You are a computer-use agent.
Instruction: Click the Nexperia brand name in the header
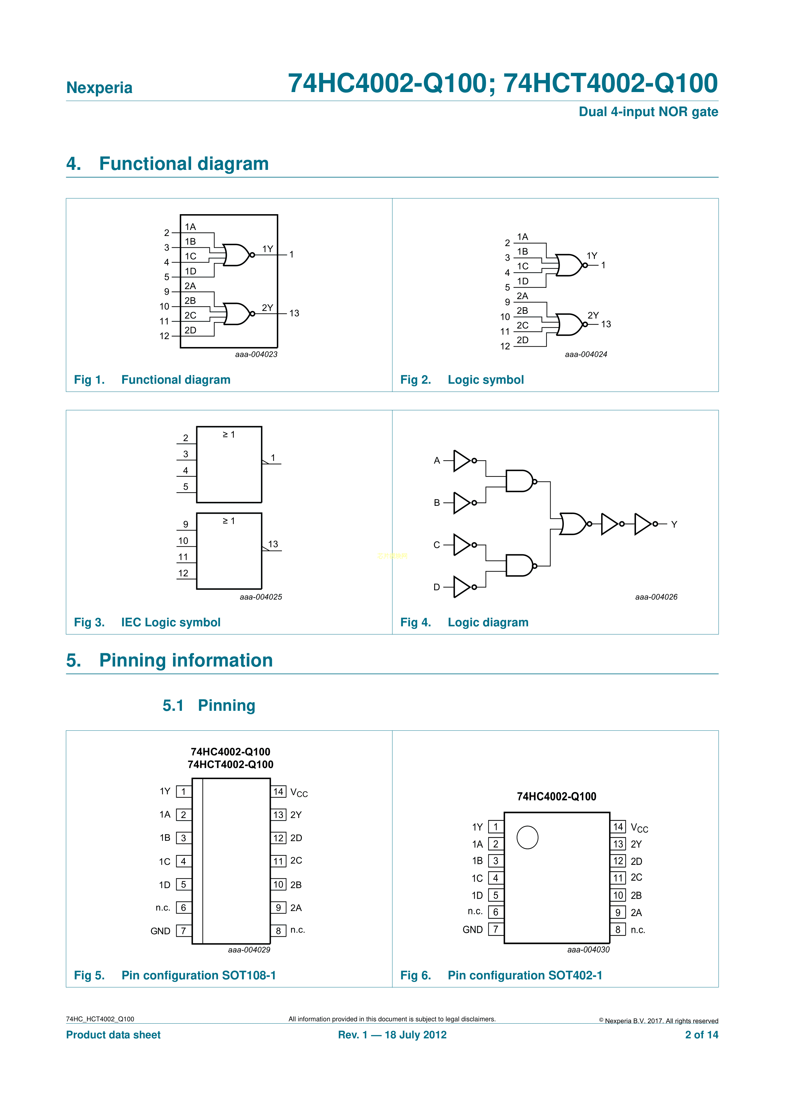[x=99, y=88]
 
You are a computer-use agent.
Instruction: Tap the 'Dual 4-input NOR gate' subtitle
[x=648, y=112]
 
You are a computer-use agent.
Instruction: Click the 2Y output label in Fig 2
[x=593, y=315]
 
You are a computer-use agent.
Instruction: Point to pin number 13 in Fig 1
[x=294, y=313]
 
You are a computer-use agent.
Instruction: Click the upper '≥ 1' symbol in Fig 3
[x=229, y=435]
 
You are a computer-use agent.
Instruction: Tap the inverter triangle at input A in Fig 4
[x=461, y=461]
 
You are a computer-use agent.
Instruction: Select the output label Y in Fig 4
[x=674, y=524]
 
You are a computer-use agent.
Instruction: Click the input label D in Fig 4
[x=437, y=587]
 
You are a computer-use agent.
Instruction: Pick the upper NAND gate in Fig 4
[x=519, y=481]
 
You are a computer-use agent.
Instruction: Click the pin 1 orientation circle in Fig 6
[x=527, y=837]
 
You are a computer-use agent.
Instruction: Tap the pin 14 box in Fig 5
[x=278, y=791]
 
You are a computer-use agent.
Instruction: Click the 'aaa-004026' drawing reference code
[x=656, y=597]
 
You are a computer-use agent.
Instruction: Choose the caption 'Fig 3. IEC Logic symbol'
[x=147, y=622]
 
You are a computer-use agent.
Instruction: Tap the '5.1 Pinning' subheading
[x=209, y=705]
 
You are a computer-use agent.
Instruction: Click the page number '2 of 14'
[x=701, y=1035]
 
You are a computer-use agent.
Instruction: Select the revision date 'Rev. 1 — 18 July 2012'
[x=392, y=1035]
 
